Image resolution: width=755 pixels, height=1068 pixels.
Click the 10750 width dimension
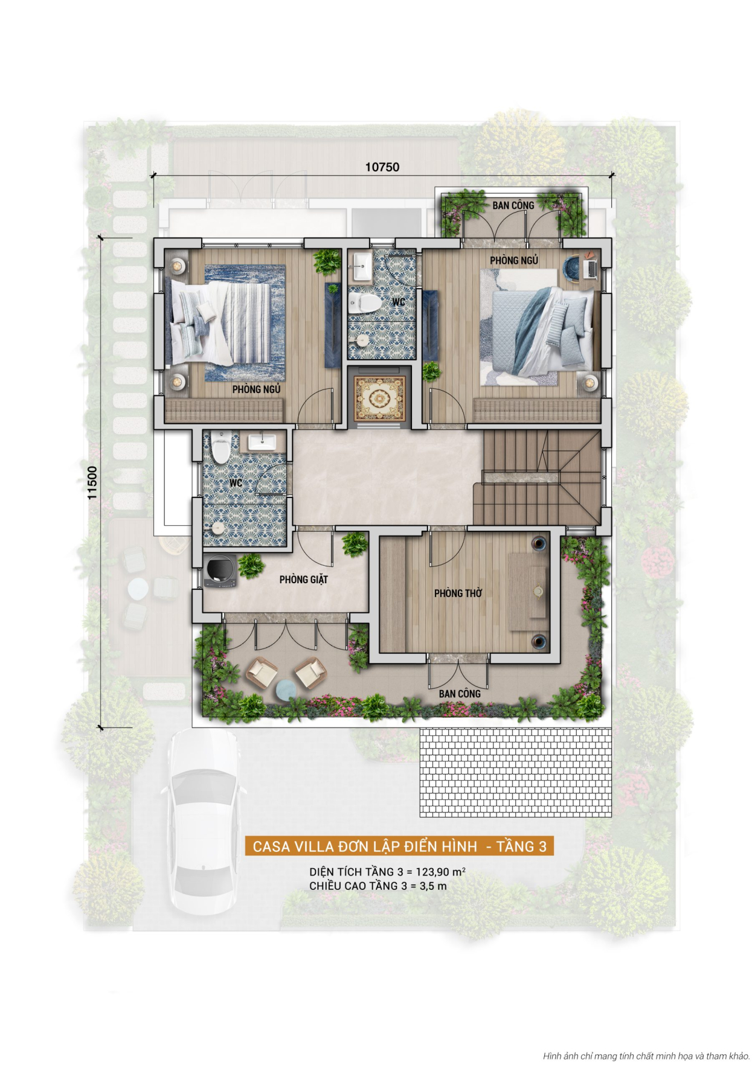(382, 167)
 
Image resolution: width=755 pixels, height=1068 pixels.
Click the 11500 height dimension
(92, 482)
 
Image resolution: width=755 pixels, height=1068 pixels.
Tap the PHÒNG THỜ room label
(458, 593)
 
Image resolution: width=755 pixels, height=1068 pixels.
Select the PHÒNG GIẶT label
(304, 580)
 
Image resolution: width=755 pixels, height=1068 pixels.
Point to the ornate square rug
(379, 398)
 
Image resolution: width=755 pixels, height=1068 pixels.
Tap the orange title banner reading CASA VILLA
(399, 846)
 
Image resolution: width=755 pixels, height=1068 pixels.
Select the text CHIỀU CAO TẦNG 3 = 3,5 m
(378, 886)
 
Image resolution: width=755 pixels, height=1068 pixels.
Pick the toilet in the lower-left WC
(221, 447)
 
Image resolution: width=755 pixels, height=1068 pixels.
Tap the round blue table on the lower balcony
(286, 690)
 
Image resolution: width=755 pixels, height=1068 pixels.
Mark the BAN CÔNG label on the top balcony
(513, 205)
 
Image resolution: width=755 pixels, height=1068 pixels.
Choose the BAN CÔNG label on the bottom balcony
(460, 694)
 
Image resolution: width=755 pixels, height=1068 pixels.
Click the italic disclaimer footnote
(646, 1056)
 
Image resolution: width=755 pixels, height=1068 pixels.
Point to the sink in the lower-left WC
(262, 443)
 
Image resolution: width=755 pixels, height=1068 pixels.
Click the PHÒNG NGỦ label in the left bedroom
(257, 389)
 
